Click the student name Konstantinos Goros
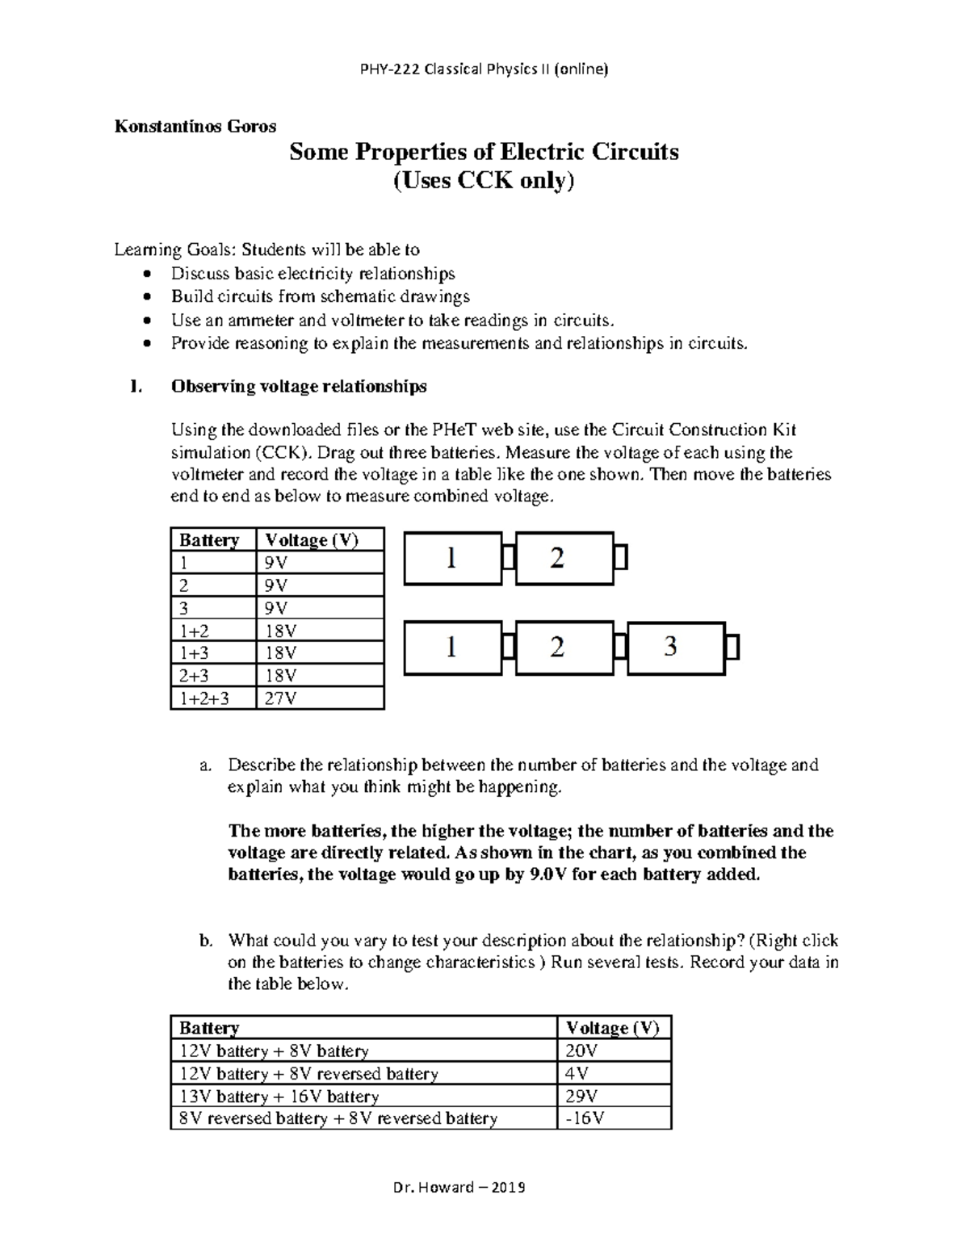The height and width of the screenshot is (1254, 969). pos(195,126)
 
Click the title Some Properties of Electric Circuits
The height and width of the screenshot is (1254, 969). pos(484,152)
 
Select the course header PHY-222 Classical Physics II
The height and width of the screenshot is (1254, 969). pos(484,69)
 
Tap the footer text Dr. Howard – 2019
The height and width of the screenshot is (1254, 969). pos(459,1187)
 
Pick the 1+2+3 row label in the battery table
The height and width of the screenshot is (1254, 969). pos(204,698)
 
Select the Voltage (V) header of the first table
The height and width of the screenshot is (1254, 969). pos(312,539)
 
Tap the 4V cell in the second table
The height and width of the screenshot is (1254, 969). pos(577,1074)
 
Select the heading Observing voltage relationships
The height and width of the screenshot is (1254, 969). pos(299,387)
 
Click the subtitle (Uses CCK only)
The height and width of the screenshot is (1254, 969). pos(484,180)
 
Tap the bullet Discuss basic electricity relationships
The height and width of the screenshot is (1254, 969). pos(313,274)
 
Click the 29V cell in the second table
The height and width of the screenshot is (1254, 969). pos(581,1097)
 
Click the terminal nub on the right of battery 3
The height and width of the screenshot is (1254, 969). pos(733,648)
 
